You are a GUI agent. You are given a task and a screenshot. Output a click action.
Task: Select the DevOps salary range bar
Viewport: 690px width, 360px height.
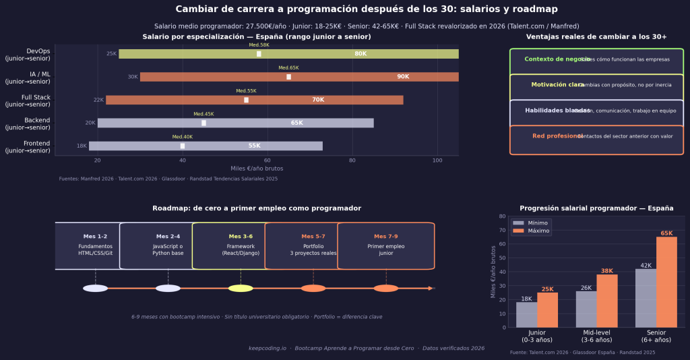[288, 54]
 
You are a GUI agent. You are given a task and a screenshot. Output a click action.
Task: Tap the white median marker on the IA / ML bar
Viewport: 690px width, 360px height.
[288, 77]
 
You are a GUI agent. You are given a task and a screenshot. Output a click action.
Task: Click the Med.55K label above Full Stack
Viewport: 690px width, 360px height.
[246, 91]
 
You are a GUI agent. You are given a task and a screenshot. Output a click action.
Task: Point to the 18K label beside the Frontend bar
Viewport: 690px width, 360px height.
[82, 146]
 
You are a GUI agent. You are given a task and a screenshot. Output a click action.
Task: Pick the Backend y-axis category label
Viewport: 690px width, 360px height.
[28, 123]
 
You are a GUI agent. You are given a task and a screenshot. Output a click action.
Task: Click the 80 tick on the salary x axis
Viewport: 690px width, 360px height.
[352, 160]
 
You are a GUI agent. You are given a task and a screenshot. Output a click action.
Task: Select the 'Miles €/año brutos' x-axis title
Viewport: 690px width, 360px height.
[256, 169]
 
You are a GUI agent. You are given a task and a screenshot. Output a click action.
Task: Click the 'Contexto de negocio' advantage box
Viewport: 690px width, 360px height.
[596, 60]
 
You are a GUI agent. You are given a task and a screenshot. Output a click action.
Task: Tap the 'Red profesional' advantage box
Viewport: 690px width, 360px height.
[596, 137]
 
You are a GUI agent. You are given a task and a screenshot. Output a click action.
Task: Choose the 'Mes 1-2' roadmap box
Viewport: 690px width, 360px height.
[95, 246]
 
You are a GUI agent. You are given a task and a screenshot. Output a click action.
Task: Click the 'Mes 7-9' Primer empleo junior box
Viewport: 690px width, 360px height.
[385, 246]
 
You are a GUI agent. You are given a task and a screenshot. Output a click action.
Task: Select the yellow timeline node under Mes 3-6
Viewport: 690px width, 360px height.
[241, 289]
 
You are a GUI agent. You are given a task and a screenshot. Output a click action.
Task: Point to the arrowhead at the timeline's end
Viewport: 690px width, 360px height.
[431, 289]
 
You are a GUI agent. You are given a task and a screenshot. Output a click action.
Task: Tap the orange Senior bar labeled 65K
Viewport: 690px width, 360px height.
[666, 282]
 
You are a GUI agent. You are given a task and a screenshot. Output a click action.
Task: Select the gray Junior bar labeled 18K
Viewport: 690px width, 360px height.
[526, 315]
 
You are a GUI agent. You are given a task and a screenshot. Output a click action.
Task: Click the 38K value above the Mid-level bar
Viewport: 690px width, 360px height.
[606, 270]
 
